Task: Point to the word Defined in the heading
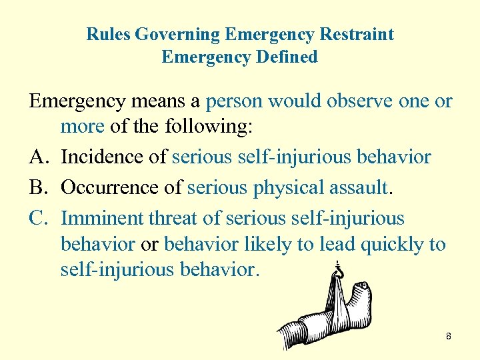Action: click(286, 57)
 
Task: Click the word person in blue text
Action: click(234, 101)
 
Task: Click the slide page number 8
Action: click(449, 337)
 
